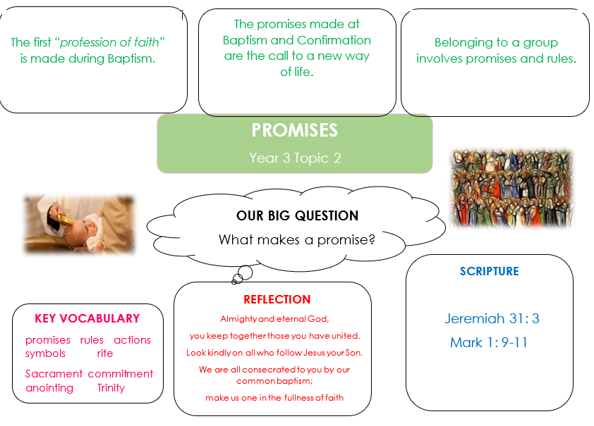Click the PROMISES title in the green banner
tap(295, 130)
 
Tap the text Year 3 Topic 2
tap(295, 158)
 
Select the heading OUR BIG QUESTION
tap(298, 215)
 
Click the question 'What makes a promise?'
tap(296, 239)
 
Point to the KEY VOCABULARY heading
tap(87, 318)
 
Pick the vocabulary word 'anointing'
tap(49, 388)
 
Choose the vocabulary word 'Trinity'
tap(111, 388)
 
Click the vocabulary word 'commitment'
tap(121, 373)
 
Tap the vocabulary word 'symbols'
tap(45, 353)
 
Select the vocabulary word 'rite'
tap(105, 353)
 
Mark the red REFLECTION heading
tap(277, 299)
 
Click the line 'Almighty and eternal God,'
tap(274, 319)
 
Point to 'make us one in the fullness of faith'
tap(274, 398)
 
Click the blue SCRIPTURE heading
tap(490, 271)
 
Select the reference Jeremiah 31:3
tap(492, 318)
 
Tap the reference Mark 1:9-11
tap(489, 342)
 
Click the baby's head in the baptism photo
tap(83, 226)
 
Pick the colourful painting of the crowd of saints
tap(511, 188)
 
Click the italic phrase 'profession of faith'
tap(110, 42)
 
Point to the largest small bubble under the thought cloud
tap(245, 272)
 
